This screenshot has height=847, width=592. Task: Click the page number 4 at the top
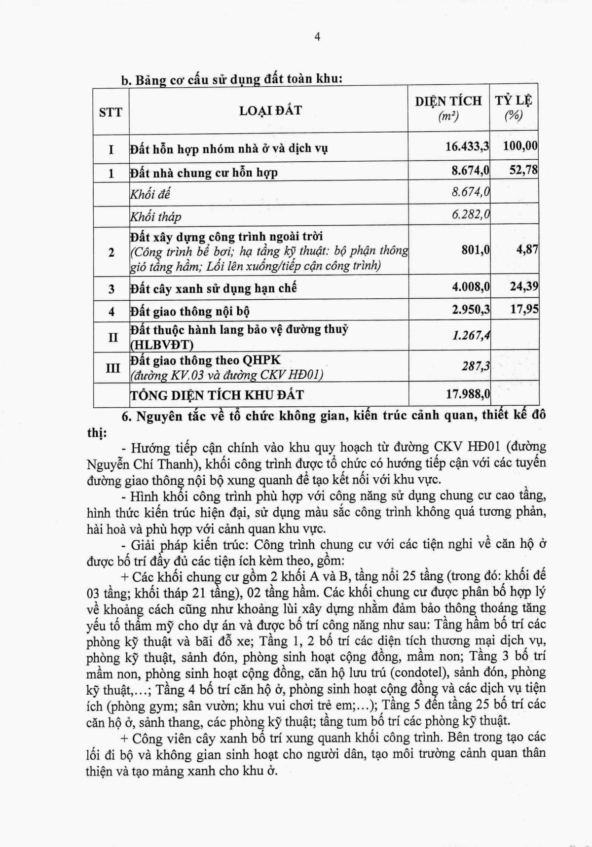pyautogui.click(x=317, y=37)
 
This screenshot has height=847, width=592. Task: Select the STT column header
pyautogui.click(x=111, y=112)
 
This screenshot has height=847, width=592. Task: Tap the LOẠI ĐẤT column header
pyautogui.click(x=270, y=110)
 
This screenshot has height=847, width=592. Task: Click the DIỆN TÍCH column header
pyautogui.click(x=448, y=107)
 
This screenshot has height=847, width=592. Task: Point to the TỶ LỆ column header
pyautogui.click(x=514, y=107)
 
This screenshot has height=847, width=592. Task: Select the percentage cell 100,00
pyautogui.click(x=520, y=145)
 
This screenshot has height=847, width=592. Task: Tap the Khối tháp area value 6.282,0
pyautogui.click(x=470, y=215)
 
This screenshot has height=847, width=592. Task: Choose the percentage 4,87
pyautogui.click(x=527, y=249)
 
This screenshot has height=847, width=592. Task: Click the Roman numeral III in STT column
pyautogui.click(x=112, y=367)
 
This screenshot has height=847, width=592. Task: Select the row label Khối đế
pyautogui.click(x=150, y=194)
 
